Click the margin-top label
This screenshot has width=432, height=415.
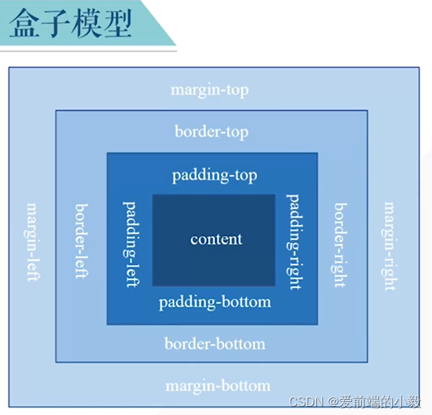click(209, 90)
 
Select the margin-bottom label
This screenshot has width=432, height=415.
click(218, 385)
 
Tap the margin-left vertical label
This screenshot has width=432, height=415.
click(32, 242)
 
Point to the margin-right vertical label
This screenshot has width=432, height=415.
click(390, 246)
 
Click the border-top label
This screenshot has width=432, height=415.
click(211, 131)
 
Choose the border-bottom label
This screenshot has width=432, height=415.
click(214, 343)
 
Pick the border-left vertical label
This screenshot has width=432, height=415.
click(81, 241)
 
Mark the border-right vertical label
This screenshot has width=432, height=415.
click(340, 244)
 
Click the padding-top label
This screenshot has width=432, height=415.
click(214, 175)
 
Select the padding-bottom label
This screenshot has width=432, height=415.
click(214, 302)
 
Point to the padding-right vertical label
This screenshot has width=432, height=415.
click(294, 242)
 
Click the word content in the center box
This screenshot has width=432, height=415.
click(216, 240)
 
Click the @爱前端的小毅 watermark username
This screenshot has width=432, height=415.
click(373, 402)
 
